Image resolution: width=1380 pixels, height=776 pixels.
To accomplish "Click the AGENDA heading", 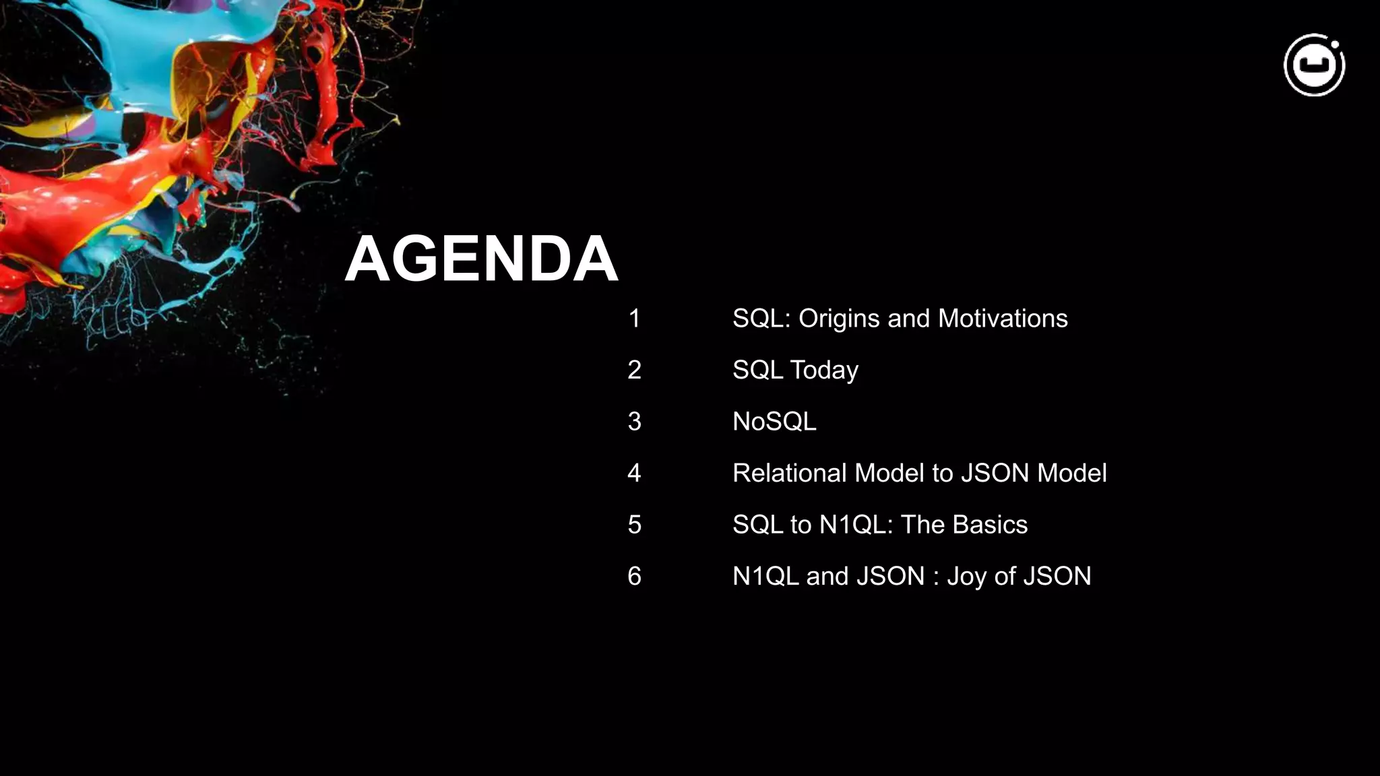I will (481, 259).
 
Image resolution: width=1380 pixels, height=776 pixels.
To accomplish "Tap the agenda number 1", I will (634, 319).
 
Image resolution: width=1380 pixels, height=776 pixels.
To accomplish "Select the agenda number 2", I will (634, 370).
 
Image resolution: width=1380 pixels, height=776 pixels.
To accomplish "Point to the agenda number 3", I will (634, 422).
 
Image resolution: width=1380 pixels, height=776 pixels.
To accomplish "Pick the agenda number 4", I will (634, 473).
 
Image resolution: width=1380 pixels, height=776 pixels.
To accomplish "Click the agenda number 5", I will (634, 525).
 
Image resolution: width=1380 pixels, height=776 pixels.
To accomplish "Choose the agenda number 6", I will (634, 576).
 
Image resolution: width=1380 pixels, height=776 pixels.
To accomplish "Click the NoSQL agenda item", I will (774, 422).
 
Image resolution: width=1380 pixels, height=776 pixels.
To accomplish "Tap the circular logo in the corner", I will (1314, 65).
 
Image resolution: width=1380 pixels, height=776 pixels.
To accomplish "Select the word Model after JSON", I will (1072, 473).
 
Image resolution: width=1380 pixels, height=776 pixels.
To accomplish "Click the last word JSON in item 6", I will (1057, 576).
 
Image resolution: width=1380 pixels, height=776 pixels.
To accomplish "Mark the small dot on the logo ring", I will (1335, 45).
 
